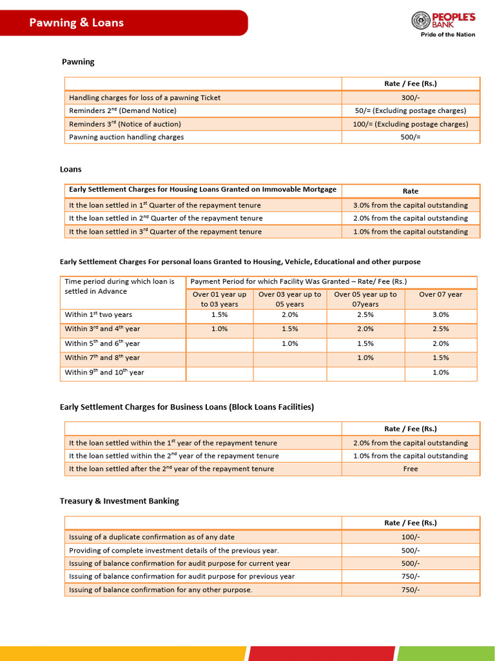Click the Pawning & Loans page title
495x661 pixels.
[x=76, y=23]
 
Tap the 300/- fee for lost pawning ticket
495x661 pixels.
[x=410, y=97]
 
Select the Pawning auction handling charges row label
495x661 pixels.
[x=126, y=137]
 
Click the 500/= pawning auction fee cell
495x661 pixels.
[x=410, y=137]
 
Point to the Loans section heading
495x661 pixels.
[x=71, y=169]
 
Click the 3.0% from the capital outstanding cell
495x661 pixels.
[x=410, y=205]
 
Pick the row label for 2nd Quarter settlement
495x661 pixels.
[x=166, y=218]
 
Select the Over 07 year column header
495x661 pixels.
[x=440, y=294]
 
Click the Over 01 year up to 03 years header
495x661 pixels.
[x=219, y=299]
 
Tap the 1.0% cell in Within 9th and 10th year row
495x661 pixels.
[x=440, y=372]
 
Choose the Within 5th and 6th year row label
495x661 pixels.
[x=102, y=343]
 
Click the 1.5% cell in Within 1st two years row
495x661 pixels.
[x=219, y=314]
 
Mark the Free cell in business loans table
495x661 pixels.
[x=410, y=469]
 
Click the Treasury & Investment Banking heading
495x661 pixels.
[x=119, y=501]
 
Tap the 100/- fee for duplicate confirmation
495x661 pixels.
[x=410, y=537]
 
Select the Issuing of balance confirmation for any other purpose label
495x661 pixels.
[x=160, y=589]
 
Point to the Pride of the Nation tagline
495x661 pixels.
[x=447, y=35]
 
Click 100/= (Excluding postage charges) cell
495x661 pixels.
[x=410, y=124]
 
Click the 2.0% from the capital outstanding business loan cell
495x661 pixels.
[x=410, y=443]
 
